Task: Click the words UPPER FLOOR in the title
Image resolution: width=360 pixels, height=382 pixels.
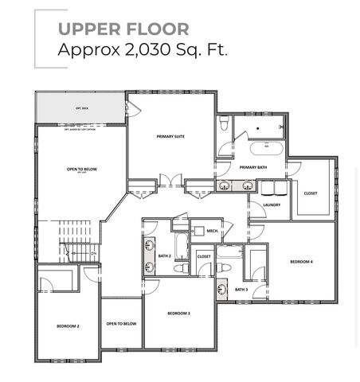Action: [x=123, y=29]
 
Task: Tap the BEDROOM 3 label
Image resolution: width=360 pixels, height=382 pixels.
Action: [x=179, y=314]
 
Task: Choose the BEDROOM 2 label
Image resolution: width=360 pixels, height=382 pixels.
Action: [x=68, y=326]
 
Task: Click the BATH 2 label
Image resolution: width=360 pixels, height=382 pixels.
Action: [x=165, y=255]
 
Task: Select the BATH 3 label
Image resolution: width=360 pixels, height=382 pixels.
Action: [x=241, y=289]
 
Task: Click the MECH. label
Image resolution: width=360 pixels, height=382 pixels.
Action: [x=213, y=231]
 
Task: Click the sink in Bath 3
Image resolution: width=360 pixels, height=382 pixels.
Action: [x=222, y=288]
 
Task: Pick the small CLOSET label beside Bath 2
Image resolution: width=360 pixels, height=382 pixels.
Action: [x=204, y=256]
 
